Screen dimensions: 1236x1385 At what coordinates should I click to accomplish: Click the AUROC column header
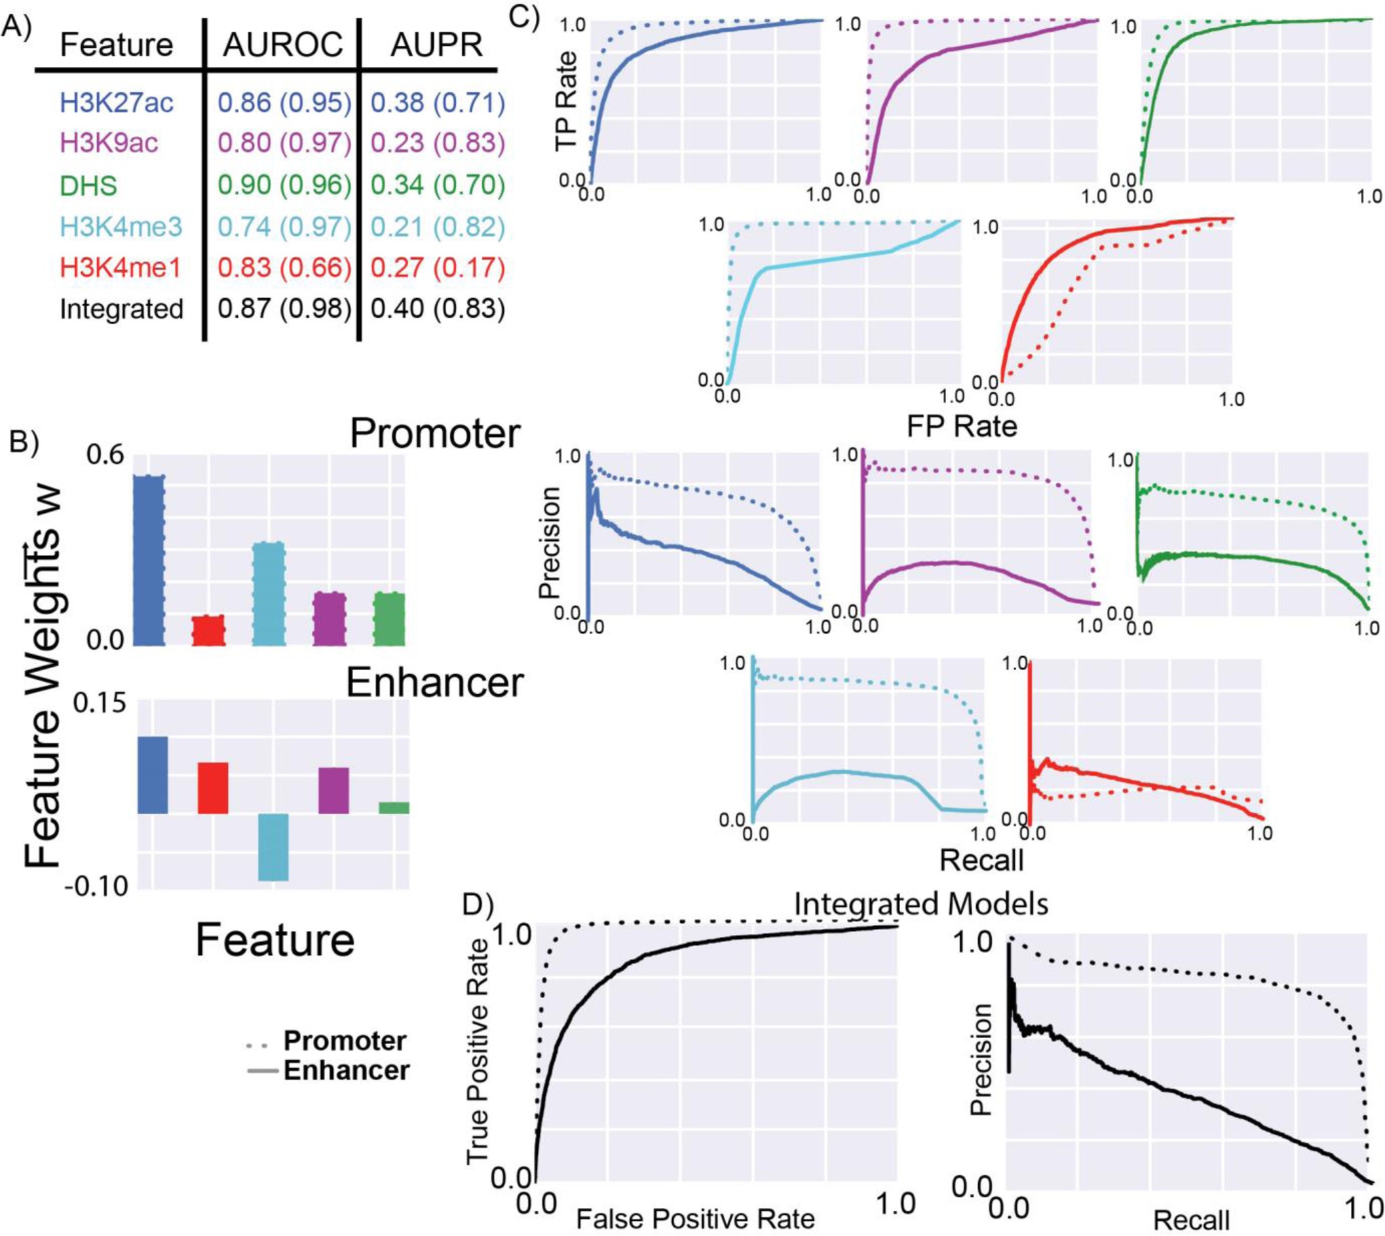[282, 45]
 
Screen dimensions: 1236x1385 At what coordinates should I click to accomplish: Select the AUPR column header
[436, 45]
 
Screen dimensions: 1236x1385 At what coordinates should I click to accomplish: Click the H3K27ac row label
[116, 103]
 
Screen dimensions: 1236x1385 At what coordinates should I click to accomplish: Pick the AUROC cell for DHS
[284, 185]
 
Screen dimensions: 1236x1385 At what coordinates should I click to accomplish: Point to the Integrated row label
[122, 309]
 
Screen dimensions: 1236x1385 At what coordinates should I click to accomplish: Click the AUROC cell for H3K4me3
[284, 227]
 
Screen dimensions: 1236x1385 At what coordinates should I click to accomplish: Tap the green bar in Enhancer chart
[394, 808]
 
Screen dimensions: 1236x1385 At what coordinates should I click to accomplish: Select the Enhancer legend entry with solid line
[345, 1071]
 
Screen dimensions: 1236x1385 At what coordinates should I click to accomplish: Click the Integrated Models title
[920, 905]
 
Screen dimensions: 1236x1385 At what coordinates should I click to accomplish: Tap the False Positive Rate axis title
[695, 1218]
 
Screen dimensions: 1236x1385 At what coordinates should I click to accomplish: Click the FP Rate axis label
[961, 426]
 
